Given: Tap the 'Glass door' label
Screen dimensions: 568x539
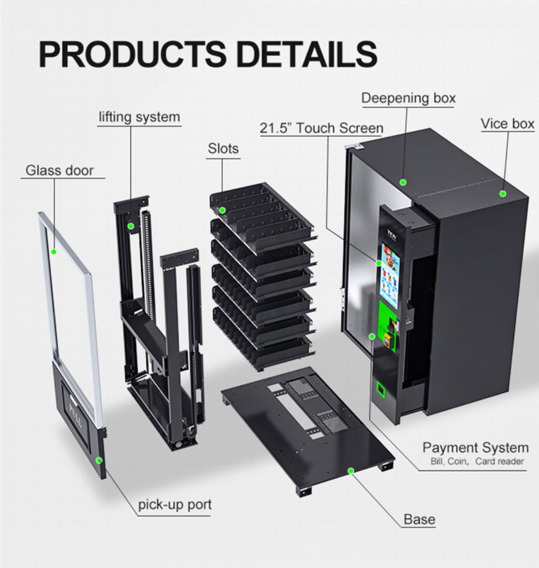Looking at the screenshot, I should tap(60, 170).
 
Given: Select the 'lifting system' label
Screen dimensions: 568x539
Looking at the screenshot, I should tap(139, 117).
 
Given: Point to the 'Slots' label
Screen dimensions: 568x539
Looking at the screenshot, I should tap(223, 148).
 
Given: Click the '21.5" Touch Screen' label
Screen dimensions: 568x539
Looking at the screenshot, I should tap(321, 128).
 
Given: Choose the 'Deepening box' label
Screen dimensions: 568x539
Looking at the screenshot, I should tap(408, 98).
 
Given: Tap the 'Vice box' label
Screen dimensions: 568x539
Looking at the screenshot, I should tap(507, 123).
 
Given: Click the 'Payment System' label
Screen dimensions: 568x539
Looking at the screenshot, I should tap(475, 448).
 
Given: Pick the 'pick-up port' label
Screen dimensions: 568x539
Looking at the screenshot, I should tap(174, 505).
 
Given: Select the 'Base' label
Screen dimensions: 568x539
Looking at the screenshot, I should tap(419, 520).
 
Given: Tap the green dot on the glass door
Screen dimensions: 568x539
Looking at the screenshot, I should tap(54, 251).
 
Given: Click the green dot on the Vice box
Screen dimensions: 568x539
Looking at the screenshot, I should tap(502, 193).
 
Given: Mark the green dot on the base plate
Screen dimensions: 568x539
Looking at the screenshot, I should tap(351, 470).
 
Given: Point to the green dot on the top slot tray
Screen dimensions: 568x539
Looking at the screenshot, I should tap(222, 210).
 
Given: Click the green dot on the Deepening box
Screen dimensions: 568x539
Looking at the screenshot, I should tap(403, 182).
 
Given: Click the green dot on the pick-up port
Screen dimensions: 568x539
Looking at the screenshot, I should tap(99, 460).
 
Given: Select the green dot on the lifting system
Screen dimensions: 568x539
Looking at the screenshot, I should tap(131, 225).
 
